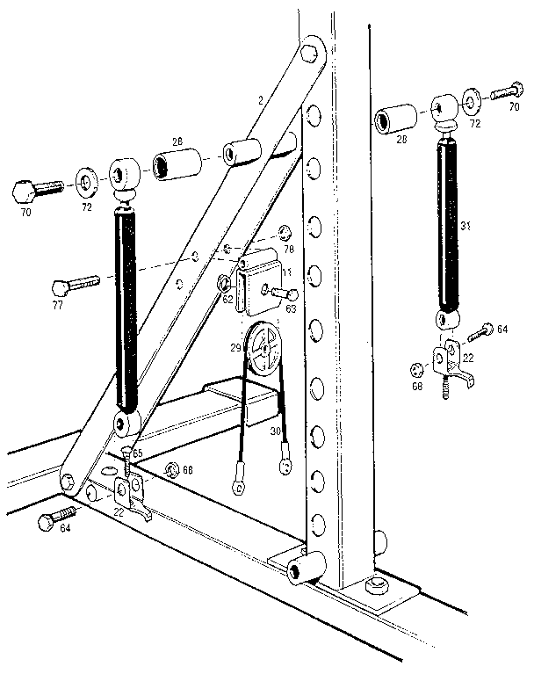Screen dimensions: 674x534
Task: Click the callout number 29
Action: point(235,348)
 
